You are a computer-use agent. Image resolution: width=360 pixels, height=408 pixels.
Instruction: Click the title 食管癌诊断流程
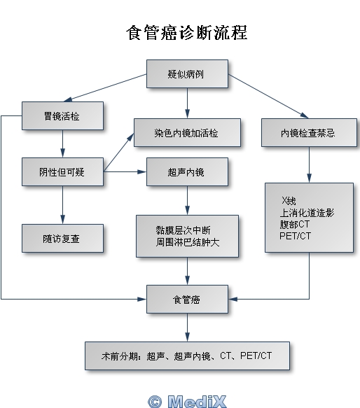click(187, 33)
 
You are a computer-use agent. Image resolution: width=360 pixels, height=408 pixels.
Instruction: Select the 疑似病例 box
click(187, 74)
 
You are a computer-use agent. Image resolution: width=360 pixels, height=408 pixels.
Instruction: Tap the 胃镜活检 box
click(62, 115)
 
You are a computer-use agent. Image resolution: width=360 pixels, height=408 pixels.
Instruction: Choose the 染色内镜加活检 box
click(187, 133)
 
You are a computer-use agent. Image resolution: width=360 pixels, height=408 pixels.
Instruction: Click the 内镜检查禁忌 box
click(309, 133)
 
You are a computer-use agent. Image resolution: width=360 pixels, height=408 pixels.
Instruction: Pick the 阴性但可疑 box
click(62, 171)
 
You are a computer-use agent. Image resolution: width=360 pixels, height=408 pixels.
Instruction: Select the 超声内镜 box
click(187, 171)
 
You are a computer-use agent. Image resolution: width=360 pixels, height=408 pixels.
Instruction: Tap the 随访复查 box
click(62, 239)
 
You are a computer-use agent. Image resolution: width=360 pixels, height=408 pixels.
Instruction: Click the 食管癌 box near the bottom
click(187, 300)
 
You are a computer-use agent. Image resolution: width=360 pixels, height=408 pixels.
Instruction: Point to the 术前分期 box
click(187, 356)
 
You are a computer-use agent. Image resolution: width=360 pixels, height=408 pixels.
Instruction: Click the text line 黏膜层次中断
click(183, 230)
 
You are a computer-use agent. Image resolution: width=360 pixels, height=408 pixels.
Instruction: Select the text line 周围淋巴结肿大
click(188, 242)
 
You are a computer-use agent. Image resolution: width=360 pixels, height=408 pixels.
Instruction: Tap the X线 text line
click(289, 201)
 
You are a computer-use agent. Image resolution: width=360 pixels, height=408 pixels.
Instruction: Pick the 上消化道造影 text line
click(307, 213)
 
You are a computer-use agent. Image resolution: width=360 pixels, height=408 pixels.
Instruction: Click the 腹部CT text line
click(295, 225)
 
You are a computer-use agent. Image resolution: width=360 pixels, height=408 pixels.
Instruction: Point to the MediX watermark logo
click(187, 402)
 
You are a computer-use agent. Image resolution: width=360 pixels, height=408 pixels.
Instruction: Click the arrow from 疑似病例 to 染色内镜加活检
click(187, 104)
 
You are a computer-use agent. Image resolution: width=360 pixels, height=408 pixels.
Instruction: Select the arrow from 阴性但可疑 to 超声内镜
click(125, 171)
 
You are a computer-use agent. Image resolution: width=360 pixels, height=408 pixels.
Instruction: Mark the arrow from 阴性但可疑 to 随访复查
click(62, 205)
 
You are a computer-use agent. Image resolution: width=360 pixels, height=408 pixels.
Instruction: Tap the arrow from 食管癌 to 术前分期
click(187, 328)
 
